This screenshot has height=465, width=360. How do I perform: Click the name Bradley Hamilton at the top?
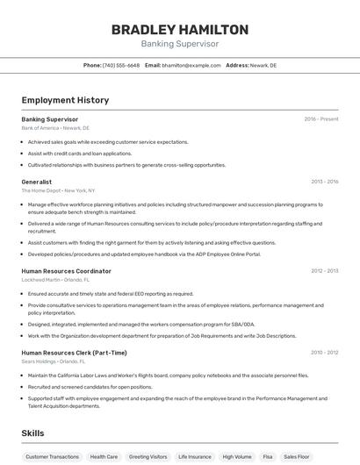[x=180, y=30]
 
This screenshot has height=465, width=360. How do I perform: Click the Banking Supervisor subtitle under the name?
[x=180, y=44]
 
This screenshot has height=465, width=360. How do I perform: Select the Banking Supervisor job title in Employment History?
[x=50, y=119]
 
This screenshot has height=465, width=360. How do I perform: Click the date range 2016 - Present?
[x=321, y=119]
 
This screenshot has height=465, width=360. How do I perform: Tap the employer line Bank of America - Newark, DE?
[x=55, y=128]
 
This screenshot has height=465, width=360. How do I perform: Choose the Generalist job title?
[x=37, y=182]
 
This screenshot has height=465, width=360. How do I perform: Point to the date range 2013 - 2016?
[x=324, y=182]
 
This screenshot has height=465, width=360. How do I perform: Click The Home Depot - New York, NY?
[x=58, y=190]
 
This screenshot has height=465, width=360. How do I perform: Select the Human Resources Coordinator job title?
[x=67, y=271]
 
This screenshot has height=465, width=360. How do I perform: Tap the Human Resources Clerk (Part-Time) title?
[x=75, y=353]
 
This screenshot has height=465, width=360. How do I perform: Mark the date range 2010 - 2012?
[x=324, y=353]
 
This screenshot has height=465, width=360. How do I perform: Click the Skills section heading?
[x=32, y=433]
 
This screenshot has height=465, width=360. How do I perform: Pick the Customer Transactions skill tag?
[x=53, y=457]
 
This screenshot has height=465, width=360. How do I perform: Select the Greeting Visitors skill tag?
[x=148, y=457]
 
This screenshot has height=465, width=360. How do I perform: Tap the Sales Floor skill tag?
[x=297, y=457]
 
